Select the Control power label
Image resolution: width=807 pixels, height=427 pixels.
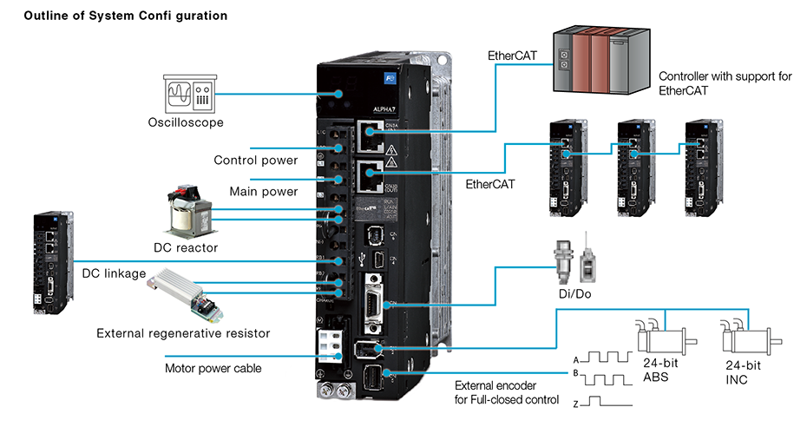tap(256, 161)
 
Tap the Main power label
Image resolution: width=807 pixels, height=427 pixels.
tap(264, 191)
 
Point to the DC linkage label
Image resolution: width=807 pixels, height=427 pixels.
tap(114, 273)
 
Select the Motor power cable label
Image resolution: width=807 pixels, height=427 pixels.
tap(213, 368)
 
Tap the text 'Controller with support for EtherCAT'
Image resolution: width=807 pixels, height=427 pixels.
tap(725, 82)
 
